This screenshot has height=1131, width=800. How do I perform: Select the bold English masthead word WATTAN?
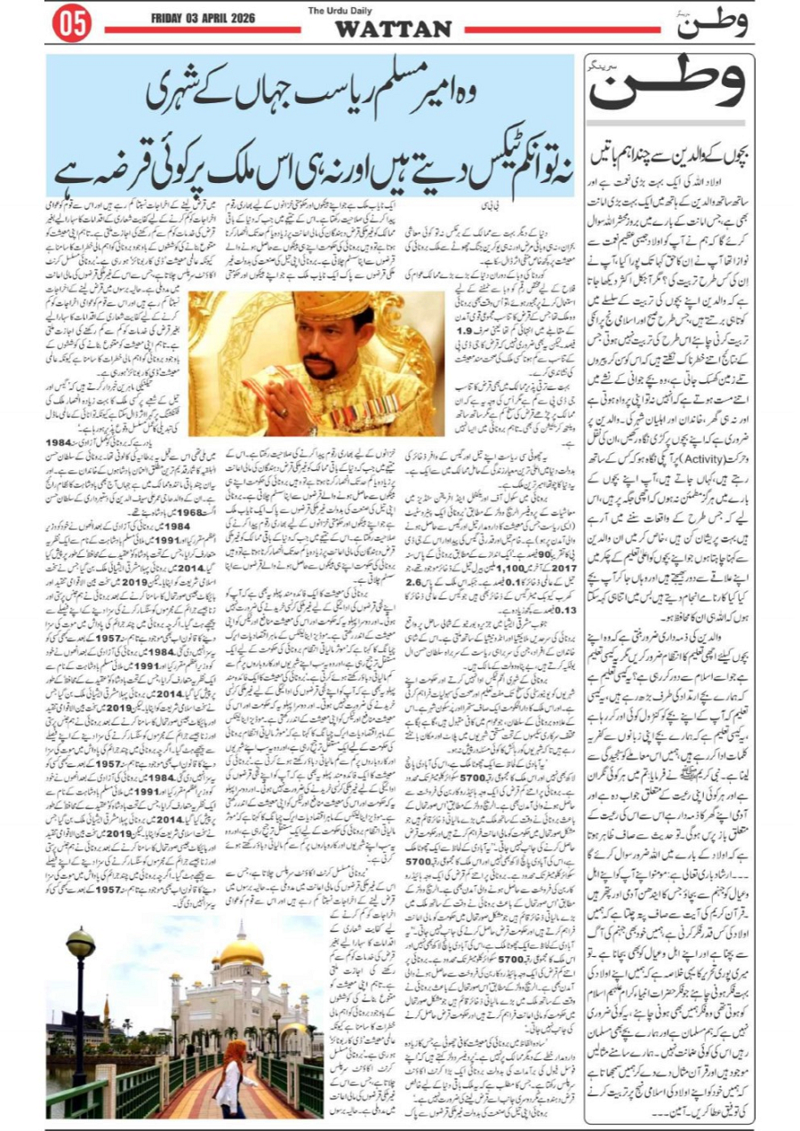tap(392, 29)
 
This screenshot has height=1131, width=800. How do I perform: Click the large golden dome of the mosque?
tap(241, 956)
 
